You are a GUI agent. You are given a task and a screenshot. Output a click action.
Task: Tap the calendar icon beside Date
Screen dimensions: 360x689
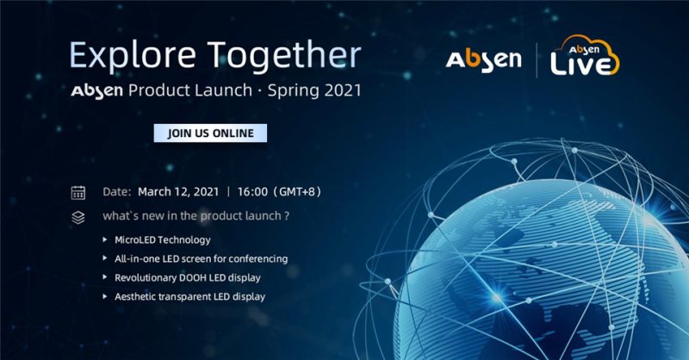tap(78, 192)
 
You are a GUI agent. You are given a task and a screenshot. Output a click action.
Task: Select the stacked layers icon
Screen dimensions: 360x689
tap(78, 217)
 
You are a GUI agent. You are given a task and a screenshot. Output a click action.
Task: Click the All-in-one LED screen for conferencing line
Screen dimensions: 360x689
tap(201, 258)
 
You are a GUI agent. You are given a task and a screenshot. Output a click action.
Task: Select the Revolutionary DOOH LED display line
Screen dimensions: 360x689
tap(187, 277)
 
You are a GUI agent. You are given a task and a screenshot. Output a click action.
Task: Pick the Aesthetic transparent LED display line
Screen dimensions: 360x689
tap(189, 296)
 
